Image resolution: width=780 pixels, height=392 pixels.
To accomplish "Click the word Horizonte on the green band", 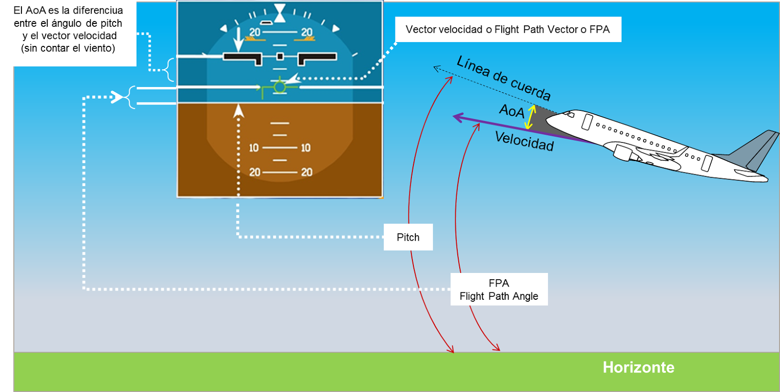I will (638, 367).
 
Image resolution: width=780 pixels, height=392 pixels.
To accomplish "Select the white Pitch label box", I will (408, 237).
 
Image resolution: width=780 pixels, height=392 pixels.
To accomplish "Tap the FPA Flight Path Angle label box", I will (499, 289).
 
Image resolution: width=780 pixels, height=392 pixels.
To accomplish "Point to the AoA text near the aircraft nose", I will (511, 111).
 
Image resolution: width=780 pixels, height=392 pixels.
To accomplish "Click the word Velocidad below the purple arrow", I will (524, 141).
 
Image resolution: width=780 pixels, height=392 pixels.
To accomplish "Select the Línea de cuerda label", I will (504, 78).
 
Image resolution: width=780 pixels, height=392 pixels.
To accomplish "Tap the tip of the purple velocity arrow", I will (455, 117).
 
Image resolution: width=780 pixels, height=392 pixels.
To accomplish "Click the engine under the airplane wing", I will (627, 152).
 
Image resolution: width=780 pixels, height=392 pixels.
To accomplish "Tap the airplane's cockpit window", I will (569, 115).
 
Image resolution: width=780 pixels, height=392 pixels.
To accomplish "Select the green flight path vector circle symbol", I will (279, 87).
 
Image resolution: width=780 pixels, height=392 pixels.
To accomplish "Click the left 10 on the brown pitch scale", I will (254, 147).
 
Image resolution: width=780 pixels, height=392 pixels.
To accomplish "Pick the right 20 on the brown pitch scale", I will (307, 172).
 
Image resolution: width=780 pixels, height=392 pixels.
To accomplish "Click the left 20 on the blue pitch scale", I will (254, 32).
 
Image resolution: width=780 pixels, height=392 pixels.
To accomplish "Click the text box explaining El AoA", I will (68, 29).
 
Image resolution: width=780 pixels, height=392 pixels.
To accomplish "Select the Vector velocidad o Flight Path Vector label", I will (507, 29).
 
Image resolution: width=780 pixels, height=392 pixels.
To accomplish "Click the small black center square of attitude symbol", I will (280, 57).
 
